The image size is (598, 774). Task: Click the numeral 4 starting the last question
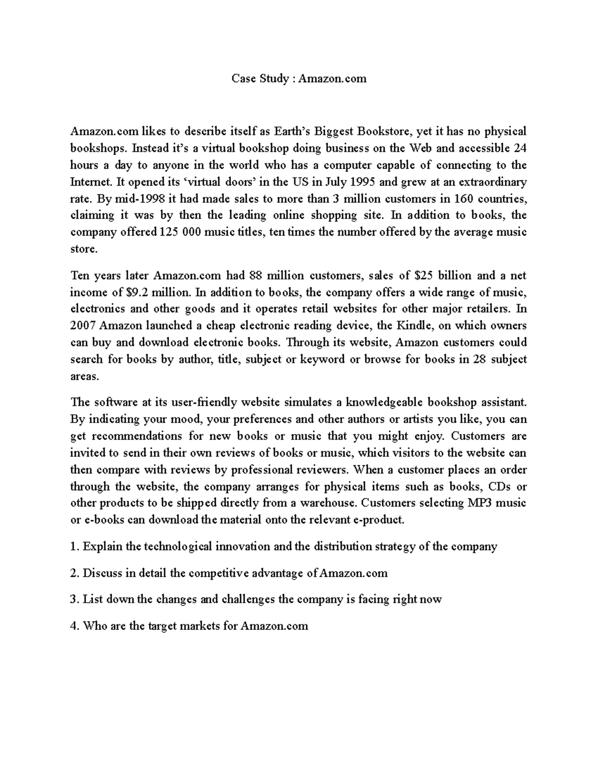click(74, 626)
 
